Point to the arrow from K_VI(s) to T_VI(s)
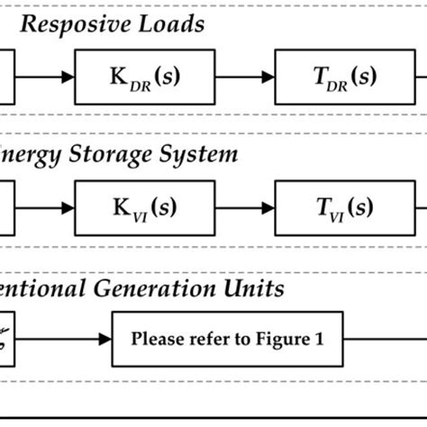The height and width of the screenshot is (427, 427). (x=246, y=207)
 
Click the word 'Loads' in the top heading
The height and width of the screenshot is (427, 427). (x=171, y=24)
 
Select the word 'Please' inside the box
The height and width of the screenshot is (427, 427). (x=155, y=340)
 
